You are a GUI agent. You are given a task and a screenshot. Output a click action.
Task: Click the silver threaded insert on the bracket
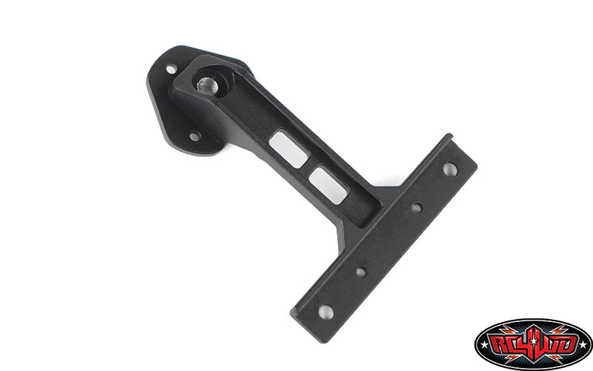click(207, 86)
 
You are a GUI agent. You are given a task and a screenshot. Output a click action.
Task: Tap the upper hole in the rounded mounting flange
click(171, 69)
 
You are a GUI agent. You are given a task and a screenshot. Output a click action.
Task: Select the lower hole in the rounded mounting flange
click(194, 137)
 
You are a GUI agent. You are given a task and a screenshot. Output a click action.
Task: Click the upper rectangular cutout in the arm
click(289, 149)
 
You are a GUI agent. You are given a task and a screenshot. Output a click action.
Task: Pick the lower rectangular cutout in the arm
click(328, 184)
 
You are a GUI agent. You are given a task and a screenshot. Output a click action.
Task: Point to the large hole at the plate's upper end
click(450, 169)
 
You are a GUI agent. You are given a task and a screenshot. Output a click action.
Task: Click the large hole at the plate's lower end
click(325, 312)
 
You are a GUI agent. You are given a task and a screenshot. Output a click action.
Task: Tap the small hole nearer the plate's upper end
click(417, 208)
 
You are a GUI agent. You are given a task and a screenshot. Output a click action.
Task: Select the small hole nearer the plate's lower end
click(361, 272)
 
